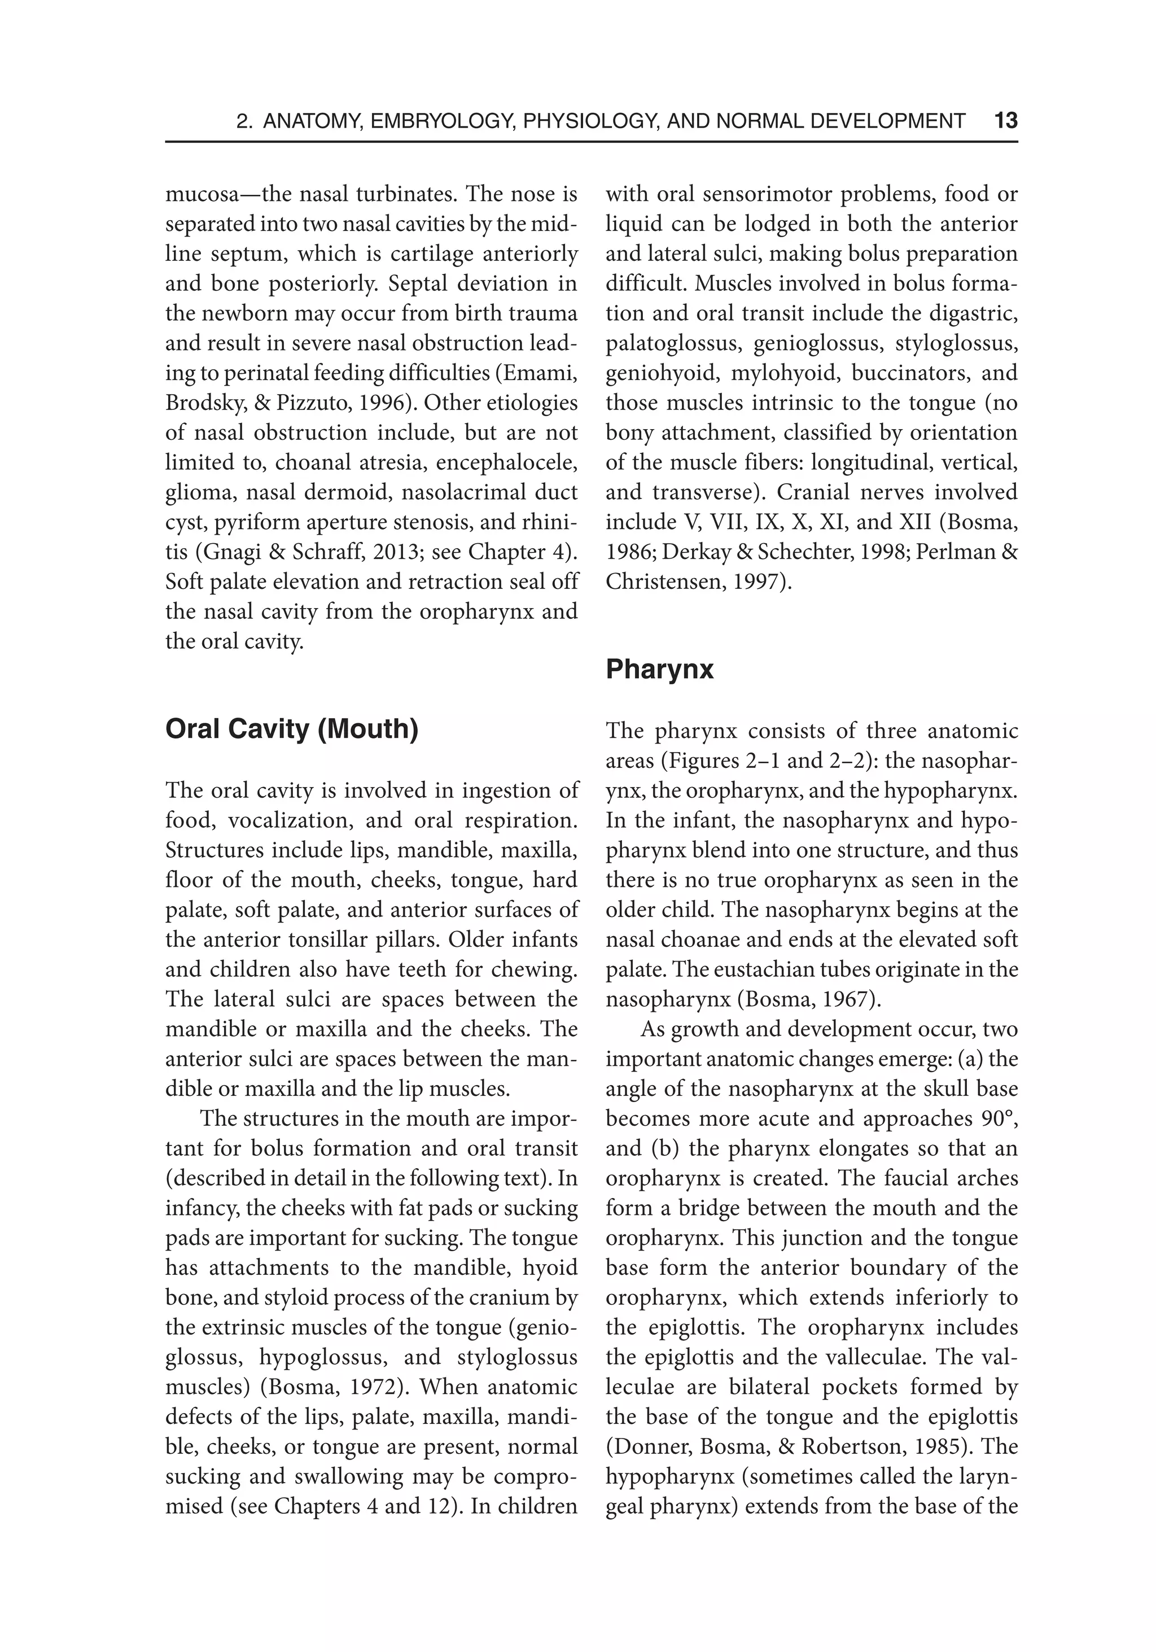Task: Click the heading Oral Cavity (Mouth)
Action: point(291,729)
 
